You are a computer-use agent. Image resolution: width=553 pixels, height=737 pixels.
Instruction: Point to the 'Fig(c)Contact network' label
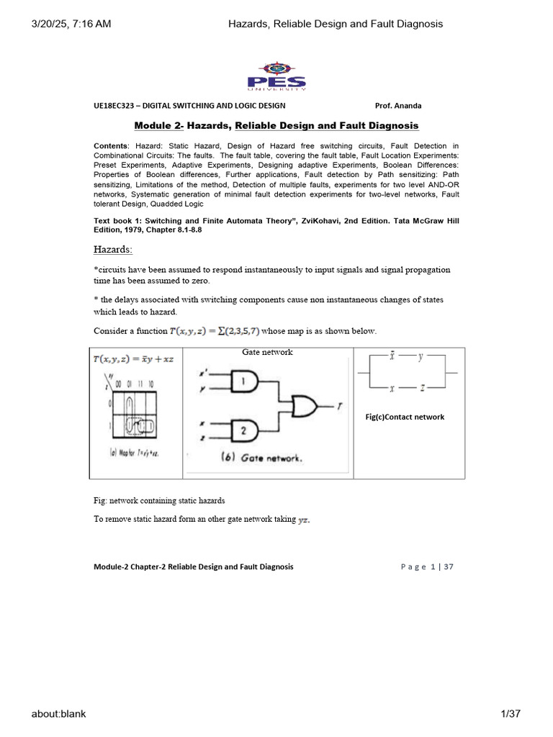point(405,417)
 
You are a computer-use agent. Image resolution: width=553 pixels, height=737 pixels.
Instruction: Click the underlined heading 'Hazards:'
point(112,248)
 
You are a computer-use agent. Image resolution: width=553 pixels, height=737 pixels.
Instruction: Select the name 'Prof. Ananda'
point(399,106)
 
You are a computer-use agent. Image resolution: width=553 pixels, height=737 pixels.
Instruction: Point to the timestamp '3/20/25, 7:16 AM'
point(71,24)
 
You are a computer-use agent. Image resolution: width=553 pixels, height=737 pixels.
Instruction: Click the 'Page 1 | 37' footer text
point(427,566)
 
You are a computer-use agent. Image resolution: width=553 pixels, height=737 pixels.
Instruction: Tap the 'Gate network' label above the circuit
point(267,352)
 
